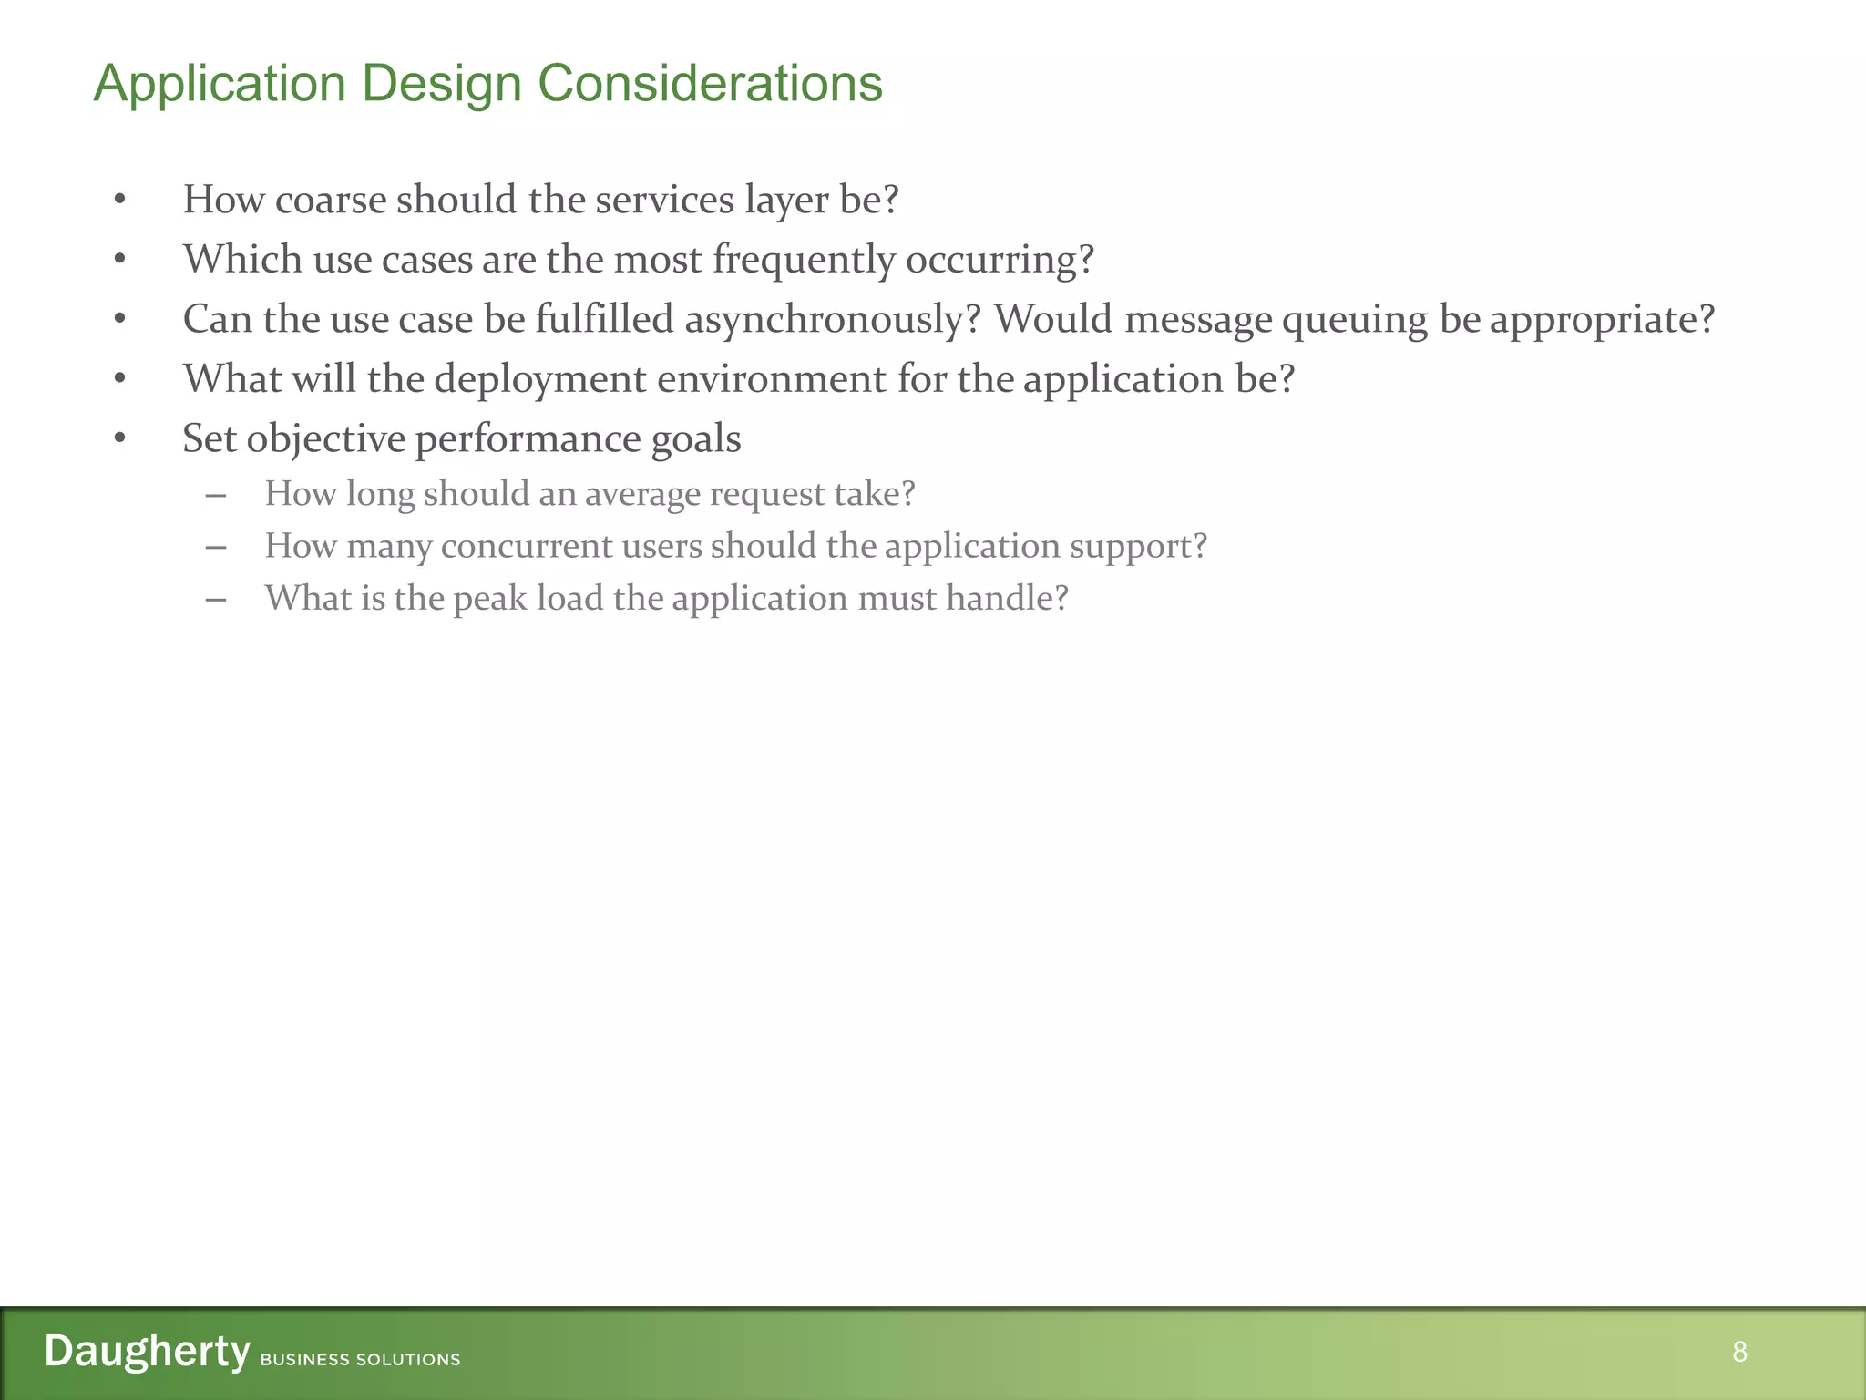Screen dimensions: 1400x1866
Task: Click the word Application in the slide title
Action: [220, 85]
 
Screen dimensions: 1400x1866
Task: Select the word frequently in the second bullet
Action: [804, 261]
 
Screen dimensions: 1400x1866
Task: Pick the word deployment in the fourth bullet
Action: [540, 380]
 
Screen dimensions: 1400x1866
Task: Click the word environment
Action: [771, 379]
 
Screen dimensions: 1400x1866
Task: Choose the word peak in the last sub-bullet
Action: [490, 599]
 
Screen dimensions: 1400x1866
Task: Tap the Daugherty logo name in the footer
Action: [147, 1350]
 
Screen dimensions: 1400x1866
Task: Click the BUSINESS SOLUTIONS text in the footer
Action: [360, 1359]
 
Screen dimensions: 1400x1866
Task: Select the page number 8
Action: [1739, 1351]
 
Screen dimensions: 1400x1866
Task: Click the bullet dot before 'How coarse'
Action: [119, 200]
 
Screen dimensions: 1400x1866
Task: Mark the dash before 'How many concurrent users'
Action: [216, 547]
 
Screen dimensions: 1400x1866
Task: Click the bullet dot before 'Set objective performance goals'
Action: [119, 438]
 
